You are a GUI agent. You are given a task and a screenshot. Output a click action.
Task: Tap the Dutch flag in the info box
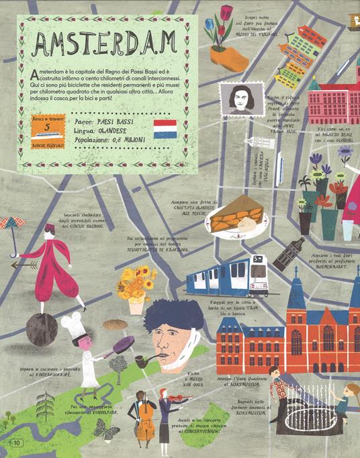click(165, 129)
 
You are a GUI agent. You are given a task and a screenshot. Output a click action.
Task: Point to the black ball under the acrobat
click(56, 304)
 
